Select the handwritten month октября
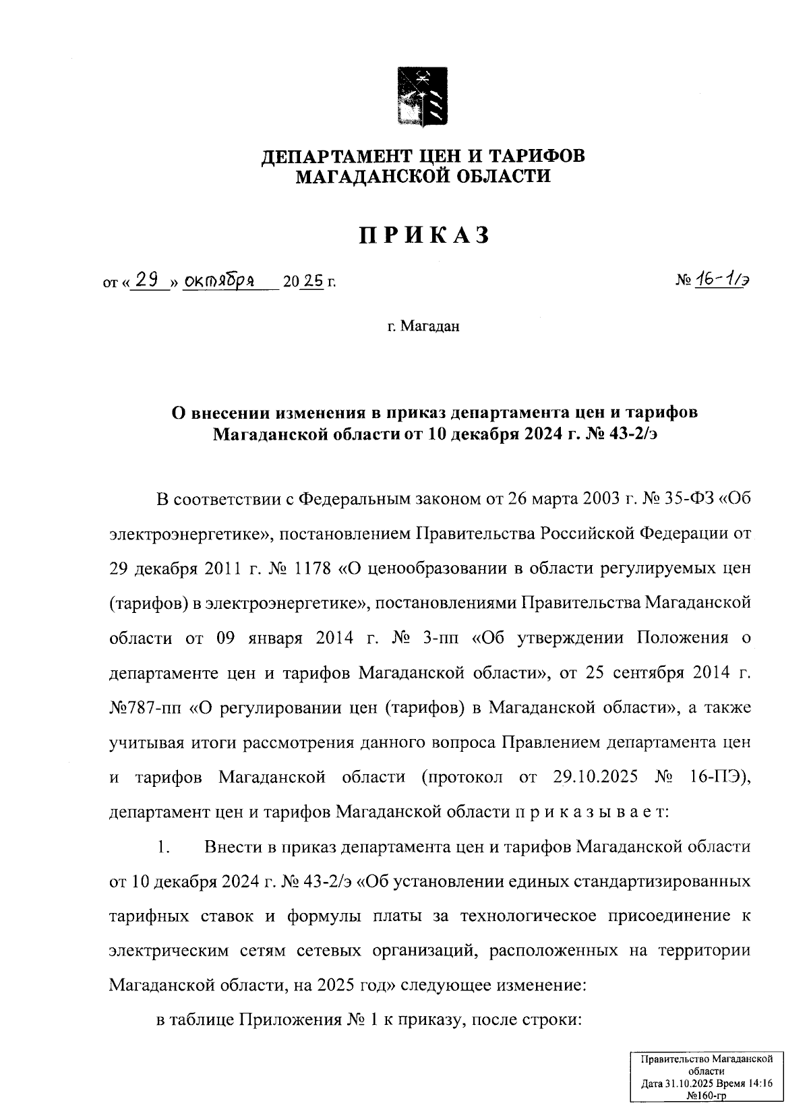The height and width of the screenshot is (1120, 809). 219,280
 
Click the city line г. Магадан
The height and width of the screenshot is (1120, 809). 423,327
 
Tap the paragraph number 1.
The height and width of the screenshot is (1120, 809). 162,847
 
